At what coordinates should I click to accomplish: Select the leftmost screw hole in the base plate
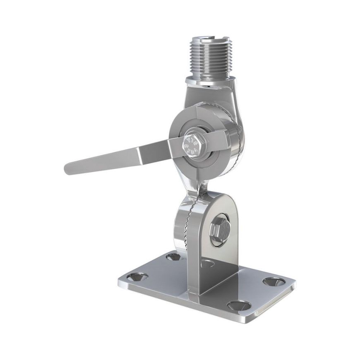pos(137,277)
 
